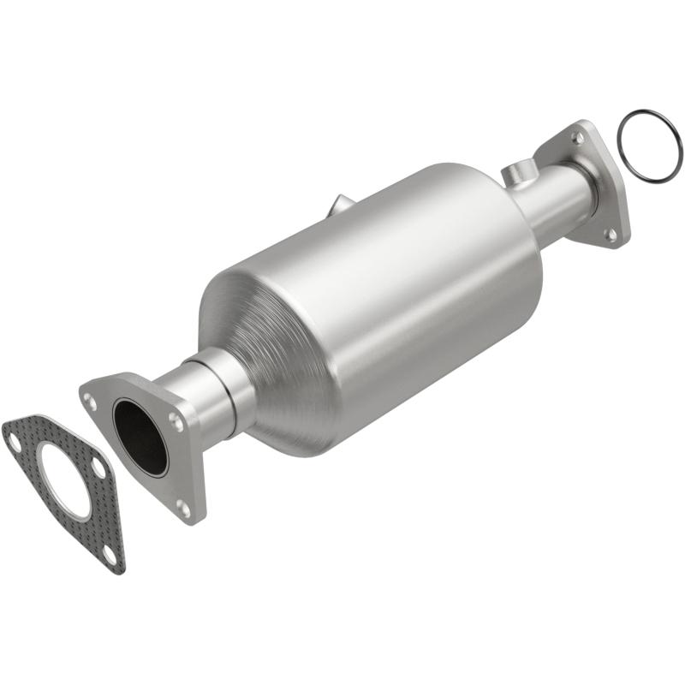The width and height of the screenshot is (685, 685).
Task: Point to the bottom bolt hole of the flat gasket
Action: (108, 557)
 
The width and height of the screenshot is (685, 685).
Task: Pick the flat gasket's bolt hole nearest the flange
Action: (98, 470)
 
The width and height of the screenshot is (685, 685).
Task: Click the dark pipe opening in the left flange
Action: (140, 436)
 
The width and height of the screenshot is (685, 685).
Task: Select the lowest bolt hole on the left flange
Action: (182, 507)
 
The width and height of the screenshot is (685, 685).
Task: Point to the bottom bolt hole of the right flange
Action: (611, 233)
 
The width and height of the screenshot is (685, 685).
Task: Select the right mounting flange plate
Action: (591, 184)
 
